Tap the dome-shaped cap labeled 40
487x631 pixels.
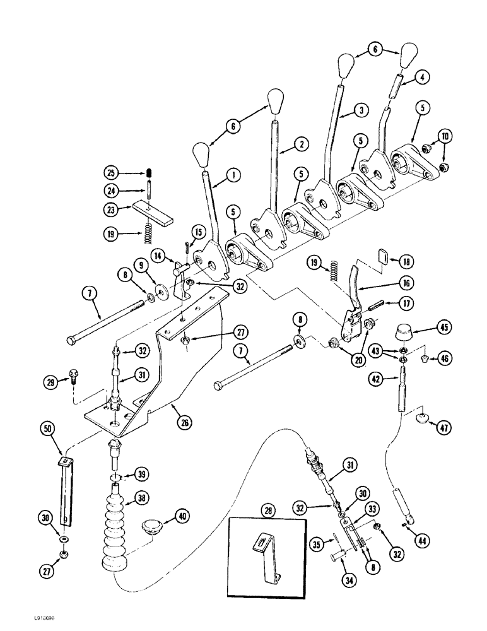click(154, 525)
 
